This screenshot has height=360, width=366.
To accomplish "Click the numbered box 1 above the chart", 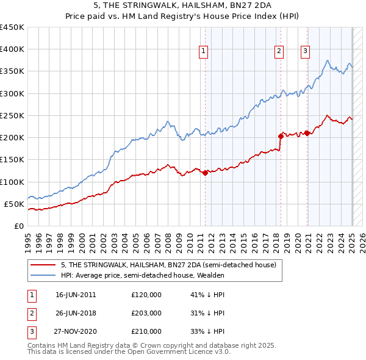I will [x=203, y=51].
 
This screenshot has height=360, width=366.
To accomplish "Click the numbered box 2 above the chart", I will [x=279, y=51].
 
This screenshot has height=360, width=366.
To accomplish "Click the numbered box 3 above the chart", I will [x=304, y=51].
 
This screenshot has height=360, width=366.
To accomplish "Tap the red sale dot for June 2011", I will [x=205, y=173].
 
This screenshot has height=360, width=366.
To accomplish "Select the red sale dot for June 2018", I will [x=281, y=136].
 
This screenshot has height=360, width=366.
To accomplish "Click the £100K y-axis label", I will [x=12, y=182].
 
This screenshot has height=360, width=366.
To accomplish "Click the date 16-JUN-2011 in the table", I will [x=76, y=295].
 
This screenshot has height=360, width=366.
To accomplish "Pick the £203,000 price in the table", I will [x=146, y=313].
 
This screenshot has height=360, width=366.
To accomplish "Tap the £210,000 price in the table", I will [x=146, y=331].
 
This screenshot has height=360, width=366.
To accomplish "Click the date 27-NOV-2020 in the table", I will [x=76, y=331].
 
